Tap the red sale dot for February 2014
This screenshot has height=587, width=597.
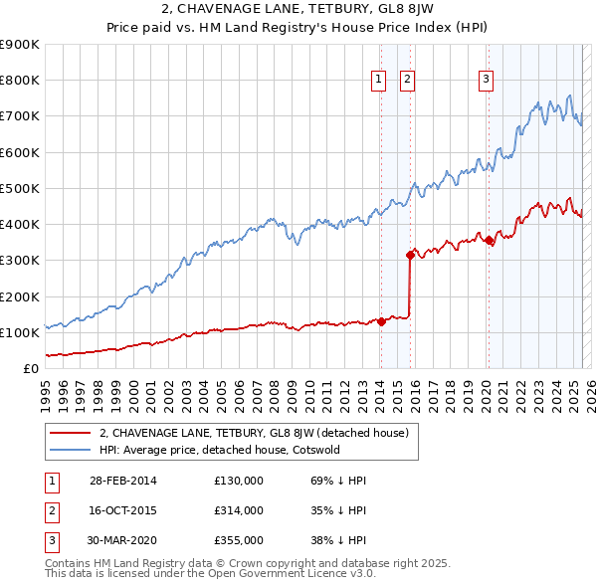(x=381, y=321)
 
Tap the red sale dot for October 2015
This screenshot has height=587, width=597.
(x=410, y=255)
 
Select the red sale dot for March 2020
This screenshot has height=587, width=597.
(x=489, y=240)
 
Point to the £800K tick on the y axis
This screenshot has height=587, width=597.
(x=21, y=81)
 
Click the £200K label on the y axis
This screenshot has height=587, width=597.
(x=21, y=296)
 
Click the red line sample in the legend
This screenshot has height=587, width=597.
(x=69, y=433)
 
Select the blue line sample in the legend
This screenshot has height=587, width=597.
(x=69, y=450)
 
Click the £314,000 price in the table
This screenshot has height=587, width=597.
(x=238, y=510)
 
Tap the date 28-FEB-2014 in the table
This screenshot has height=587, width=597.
(x=122, y=481)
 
